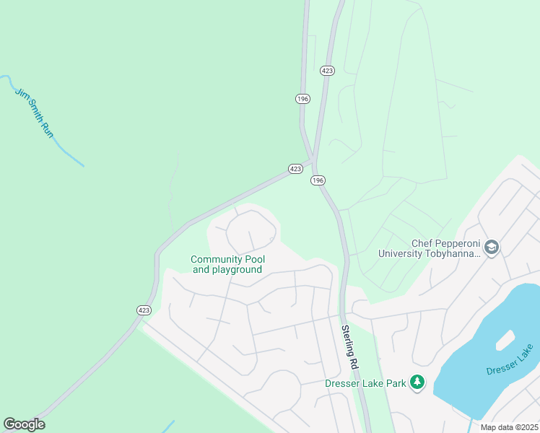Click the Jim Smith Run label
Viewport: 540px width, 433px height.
(34, 112)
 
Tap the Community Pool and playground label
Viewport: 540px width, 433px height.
(227, 264)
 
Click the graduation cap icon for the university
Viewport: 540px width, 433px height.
(491, 248)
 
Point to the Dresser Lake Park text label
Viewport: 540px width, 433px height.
(365, 383)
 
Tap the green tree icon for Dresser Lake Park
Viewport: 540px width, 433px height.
(417, 382)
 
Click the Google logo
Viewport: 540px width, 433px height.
(24, 424)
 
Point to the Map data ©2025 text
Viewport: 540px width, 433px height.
(509, 427)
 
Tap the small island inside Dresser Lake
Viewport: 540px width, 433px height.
(505, 339)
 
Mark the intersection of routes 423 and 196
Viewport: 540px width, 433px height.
(313, 160)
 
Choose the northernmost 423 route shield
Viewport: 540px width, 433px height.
(328, 70)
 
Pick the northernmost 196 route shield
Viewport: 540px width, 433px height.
(302, 98)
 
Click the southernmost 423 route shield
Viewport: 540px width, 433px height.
(143, 310)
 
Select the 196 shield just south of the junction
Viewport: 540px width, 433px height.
(318, 180)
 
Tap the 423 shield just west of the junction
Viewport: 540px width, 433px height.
(295, 168)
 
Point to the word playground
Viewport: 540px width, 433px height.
(237, 270)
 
